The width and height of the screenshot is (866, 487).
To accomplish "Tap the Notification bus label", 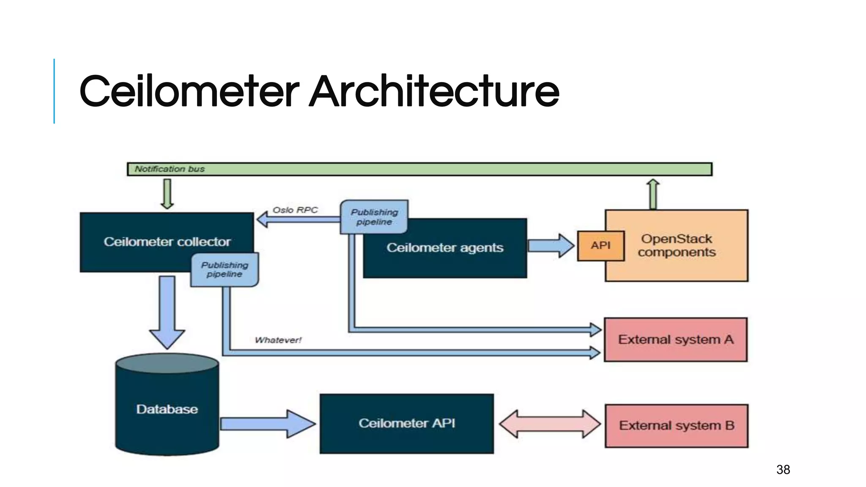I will (x=170, y=169).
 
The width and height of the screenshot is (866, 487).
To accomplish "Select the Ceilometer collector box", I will (x=167, y=241).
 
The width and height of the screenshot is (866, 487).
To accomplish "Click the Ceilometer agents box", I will (x=445, y=248).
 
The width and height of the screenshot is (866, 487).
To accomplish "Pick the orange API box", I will (x=600, y=246).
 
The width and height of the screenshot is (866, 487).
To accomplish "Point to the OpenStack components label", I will (x=677, y=245).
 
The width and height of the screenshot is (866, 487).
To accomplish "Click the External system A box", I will (x=675, y=339).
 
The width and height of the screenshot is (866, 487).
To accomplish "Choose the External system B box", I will (x=676, y=425).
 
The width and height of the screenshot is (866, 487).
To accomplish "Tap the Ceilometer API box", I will (x=406, y=423).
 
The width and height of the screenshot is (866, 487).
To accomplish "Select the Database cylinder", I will (x=167, y=409).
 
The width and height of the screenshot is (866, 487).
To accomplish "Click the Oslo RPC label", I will (x=295, y=210).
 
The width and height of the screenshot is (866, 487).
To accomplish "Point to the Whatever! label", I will (x=278, y=340).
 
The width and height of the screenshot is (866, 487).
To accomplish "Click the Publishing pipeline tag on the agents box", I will (x=374, y=217).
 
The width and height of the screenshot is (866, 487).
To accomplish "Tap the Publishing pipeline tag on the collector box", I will (x=225, y=270).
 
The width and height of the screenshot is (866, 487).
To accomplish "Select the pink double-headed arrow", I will (x=549, y=424).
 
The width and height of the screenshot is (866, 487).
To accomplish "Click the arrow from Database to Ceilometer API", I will (x=268, y=424).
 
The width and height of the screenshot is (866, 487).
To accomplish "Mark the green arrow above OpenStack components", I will (x=653, y=194).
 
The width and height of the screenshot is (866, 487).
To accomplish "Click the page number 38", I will (x=783, y=470).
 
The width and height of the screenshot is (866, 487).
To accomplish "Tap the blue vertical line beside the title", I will (x=54, y=91).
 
